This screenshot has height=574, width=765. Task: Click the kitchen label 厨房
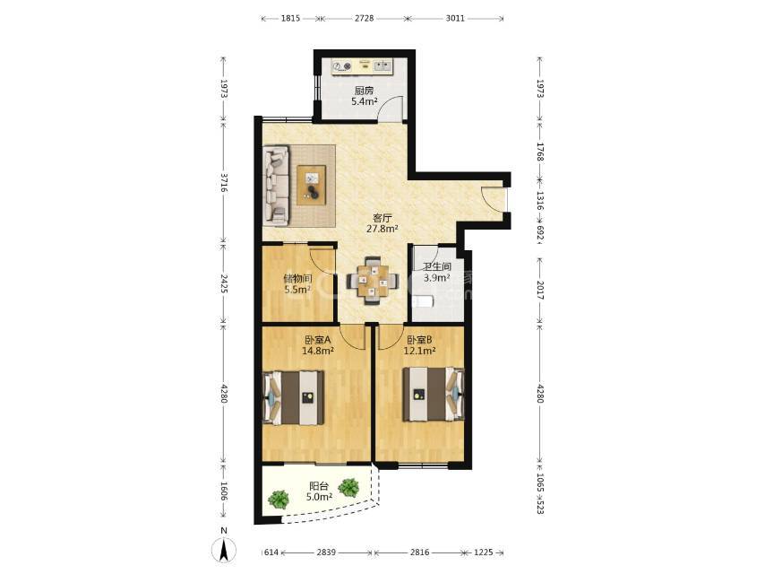tap(364, 91)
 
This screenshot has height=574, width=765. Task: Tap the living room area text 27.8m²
tap(382, 228)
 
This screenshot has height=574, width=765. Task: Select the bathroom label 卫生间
tap(436, 266)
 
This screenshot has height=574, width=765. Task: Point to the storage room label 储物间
tap(297, 278)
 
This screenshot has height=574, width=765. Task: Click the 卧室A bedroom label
tap(318, 339)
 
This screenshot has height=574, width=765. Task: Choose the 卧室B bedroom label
tap(419, 339)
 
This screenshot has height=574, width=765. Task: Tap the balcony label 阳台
tap(319, 486)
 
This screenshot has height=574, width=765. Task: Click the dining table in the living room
tap(373, 282)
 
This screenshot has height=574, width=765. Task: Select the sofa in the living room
tap(276, 186)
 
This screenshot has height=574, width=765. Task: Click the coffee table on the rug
tap(311, 185)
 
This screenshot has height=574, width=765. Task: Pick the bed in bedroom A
tap(294, 397)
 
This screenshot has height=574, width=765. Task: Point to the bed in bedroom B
tap(434, 394)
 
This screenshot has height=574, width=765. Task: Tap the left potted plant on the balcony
tap(278, 500)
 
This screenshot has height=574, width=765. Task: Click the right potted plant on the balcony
tap(348, 487)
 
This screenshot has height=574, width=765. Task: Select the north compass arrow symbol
tap(223, 551)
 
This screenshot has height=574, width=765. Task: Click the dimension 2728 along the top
tap(364, 18)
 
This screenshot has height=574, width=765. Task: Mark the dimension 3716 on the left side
tap(223, 182)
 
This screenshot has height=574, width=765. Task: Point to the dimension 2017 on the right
tap(539, 290)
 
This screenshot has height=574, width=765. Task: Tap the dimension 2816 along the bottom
tap(419, 552)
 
